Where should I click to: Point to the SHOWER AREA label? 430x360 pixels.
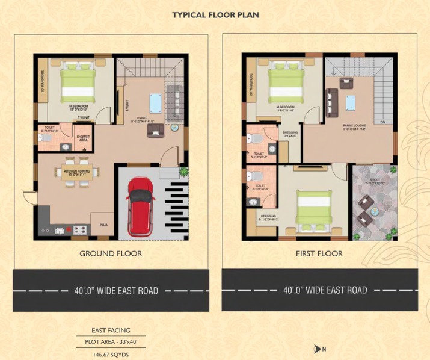pyautogui.click(x=84, y=138)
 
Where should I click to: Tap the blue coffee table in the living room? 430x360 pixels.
pyautogui.click(x=156, y=102)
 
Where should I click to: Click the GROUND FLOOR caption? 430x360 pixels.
pyautogui.click(x=111, y=253)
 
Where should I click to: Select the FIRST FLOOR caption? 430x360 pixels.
pyautogui.click(x=319, y=253)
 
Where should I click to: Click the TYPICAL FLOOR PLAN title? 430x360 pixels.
pyautogui.click(x=215, y=14)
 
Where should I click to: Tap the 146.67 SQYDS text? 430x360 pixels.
pyautogui.click(x=111, y=355)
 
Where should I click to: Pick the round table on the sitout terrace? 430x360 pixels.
pyautogui.click(x=374, y=211)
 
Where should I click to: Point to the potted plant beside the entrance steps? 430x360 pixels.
pyautogui.click(x=174, y=128)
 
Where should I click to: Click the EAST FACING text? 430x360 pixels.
pyautogui.click(x=111, y=330)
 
